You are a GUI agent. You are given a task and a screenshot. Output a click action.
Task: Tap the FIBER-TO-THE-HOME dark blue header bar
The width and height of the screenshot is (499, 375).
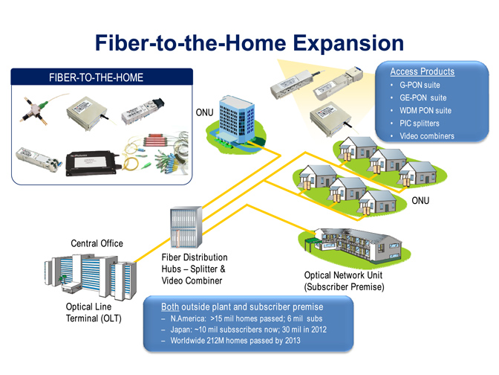pos(102,77)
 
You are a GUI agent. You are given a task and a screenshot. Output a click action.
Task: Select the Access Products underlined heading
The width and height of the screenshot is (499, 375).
pos(422,71)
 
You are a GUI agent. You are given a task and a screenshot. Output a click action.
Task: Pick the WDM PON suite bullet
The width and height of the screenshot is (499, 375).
pos(425,110)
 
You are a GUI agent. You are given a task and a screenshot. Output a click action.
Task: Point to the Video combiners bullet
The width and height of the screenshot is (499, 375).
pos(426,135)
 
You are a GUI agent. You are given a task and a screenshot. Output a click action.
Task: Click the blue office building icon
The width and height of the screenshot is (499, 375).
pos(238,119)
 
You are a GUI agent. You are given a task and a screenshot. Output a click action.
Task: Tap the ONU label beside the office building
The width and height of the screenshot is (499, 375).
pos(205,112)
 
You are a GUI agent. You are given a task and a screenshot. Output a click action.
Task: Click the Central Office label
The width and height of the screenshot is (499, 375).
pos(97,243)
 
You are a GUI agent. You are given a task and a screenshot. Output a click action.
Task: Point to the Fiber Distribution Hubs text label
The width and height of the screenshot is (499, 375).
pos(194,269)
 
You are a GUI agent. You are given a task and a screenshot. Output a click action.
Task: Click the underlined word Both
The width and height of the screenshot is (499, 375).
pos(172,306)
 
